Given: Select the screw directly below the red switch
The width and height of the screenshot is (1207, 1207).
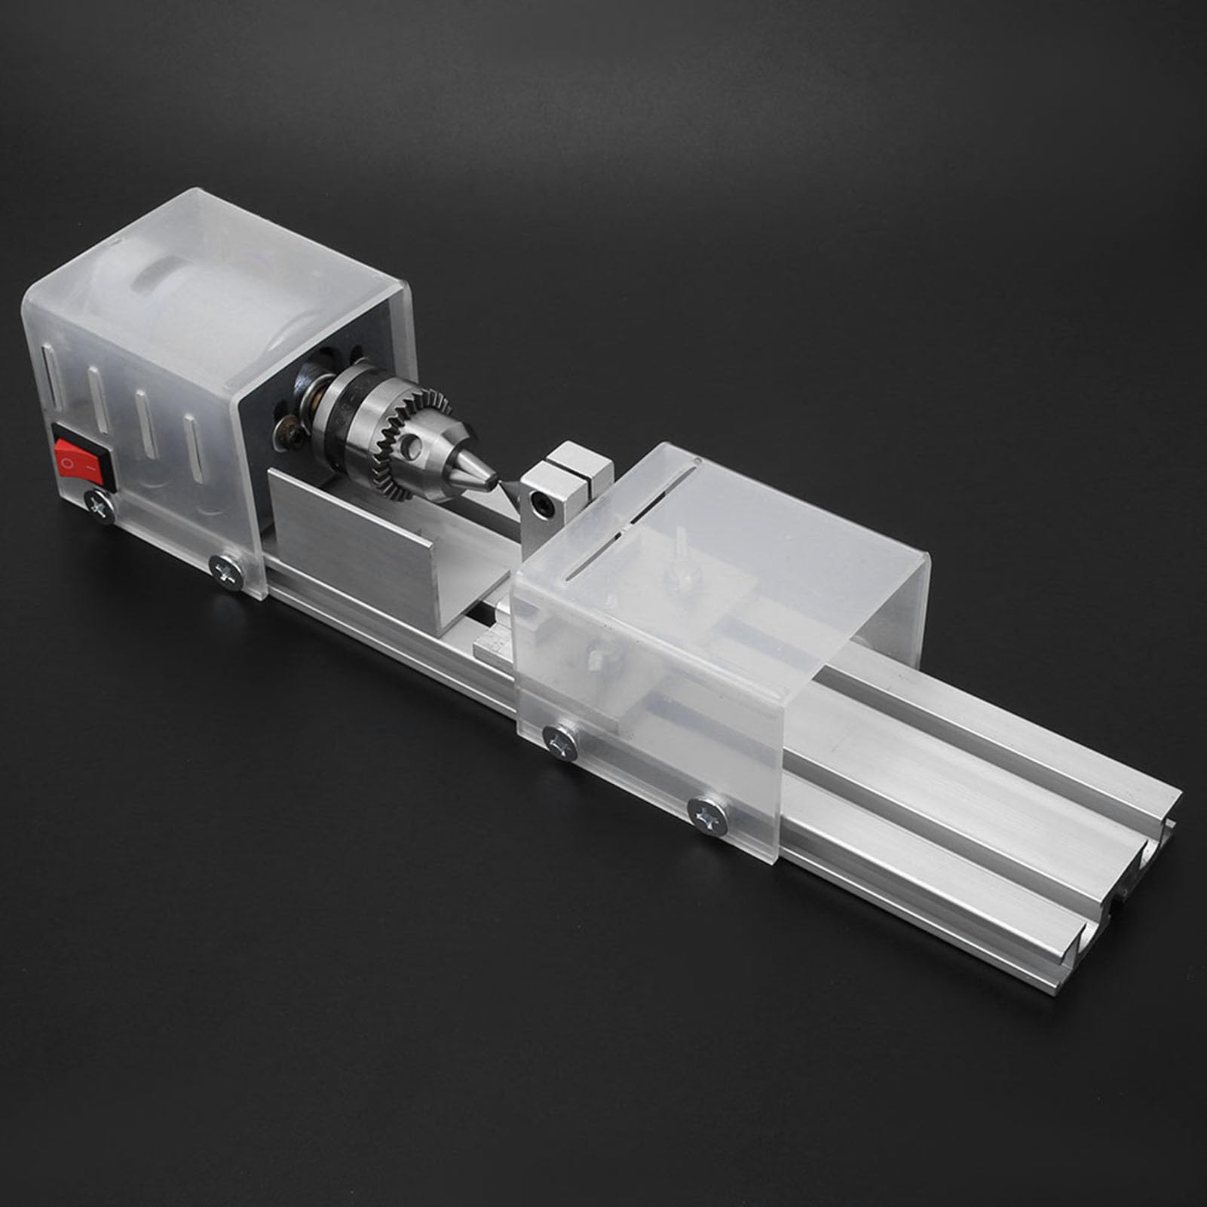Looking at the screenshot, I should pos(99,504).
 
